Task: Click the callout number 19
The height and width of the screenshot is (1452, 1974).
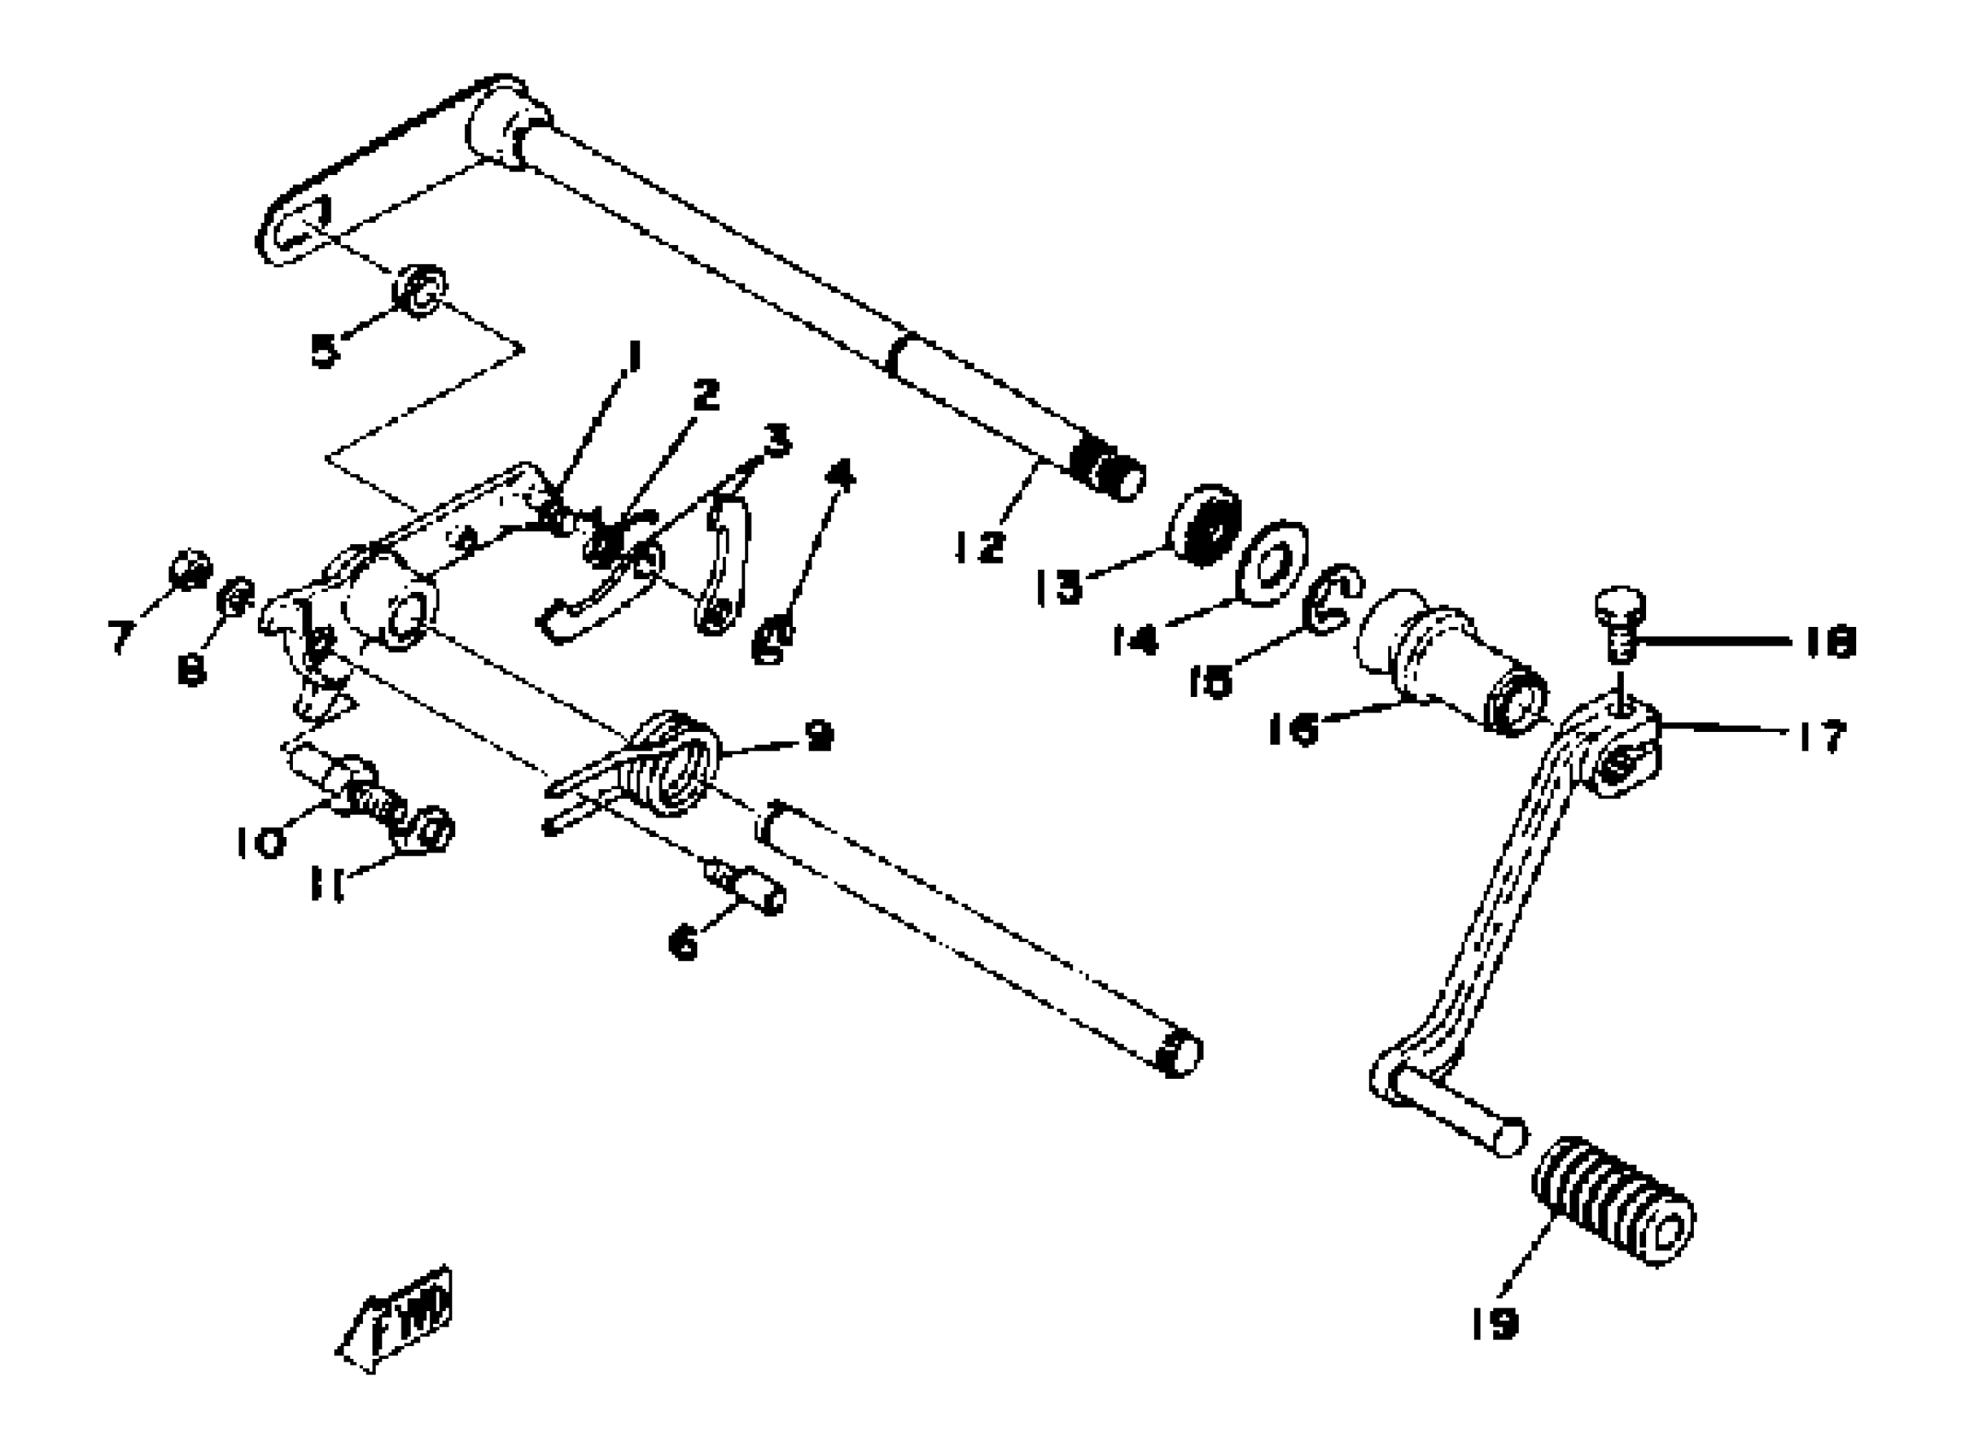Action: [1494, 1323]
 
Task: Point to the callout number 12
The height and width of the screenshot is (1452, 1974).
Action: [979, 547]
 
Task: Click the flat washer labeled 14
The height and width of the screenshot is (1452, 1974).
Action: [1271, 564]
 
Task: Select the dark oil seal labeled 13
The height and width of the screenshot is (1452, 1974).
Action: [1205, 524]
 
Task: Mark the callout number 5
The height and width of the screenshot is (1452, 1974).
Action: [325, 351]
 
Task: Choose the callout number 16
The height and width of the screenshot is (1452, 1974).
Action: [1293, 729]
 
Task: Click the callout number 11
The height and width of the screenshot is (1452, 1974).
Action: [327, 884]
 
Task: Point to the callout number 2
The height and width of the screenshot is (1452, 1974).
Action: [705, 395]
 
